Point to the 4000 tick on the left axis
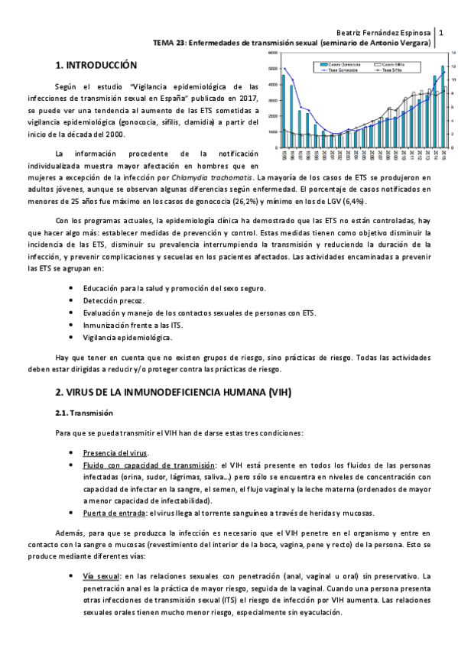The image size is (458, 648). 273,86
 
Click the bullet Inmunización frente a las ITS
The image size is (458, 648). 132,325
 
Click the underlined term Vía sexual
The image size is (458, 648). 102,575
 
